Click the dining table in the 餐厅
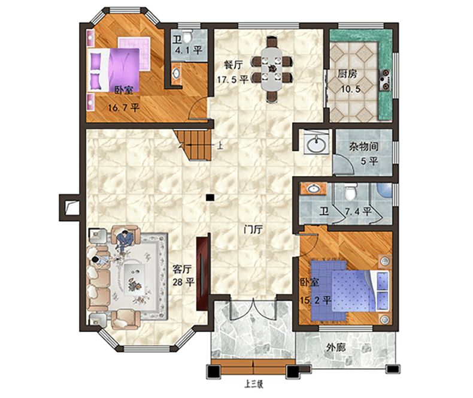(272, 69)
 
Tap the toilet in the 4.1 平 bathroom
(187, 37)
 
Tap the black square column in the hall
(210, 197)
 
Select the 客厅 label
(182, 269)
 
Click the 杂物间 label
(364, 147)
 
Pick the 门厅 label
(253, 230)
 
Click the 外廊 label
(336, 348)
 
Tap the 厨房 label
(347, 74)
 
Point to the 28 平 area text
(183, 282)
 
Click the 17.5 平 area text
(233, 79)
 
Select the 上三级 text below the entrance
(254, 385)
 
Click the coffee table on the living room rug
(134, 278)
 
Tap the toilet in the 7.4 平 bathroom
(350, 191)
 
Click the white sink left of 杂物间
(316, 144)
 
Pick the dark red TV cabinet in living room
(202, 273)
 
